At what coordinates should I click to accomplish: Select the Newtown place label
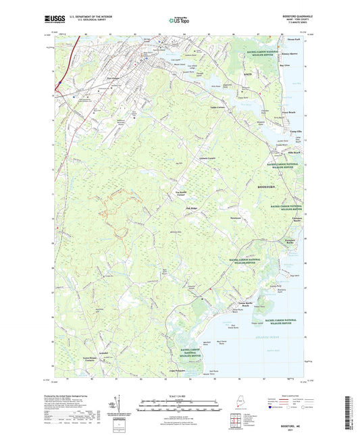(235, 219)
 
